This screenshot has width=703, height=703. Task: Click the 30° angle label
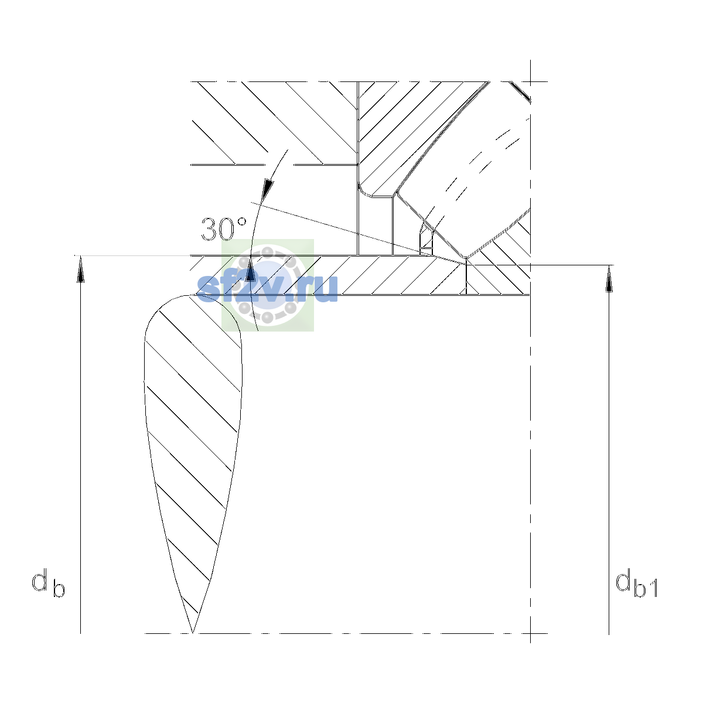tap(224, 229)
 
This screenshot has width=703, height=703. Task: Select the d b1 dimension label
tap(637, 585)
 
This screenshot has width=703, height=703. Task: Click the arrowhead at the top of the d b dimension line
tap(81, 269)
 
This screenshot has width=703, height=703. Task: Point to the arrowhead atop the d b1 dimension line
tap(609, 279)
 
